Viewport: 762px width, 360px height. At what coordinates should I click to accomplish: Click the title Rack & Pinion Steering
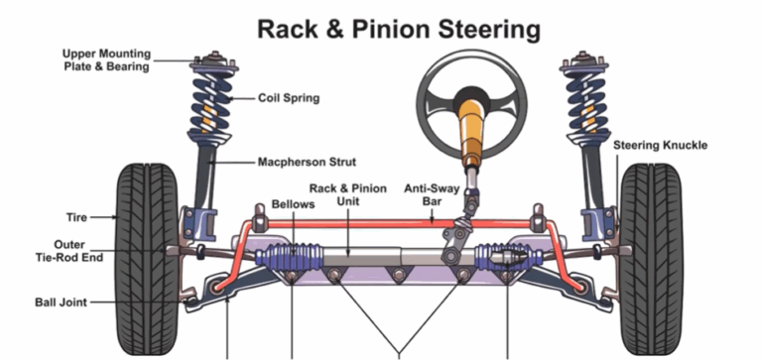pyautogui.click(x=399, y=28)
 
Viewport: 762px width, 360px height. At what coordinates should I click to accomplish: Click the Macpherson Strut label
pyautogui.click(x=307, y=161)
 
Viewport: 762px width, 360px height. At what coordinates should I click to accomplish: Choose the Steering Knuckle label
pyautogui.click(x=660, y=145)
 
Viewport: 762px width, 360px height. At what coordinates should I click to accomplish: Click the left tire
pyautogui.click(x=149, y=260)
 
